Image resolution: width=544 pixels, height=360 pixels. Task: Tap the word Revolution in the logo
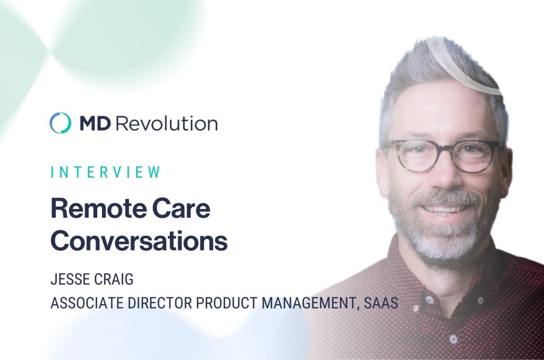point(166,123)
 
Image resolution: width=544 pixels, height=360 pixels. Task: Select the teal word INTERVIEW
point(106,172)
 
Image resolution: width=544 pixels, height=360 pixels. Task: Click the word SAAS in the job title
point(381,303)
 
